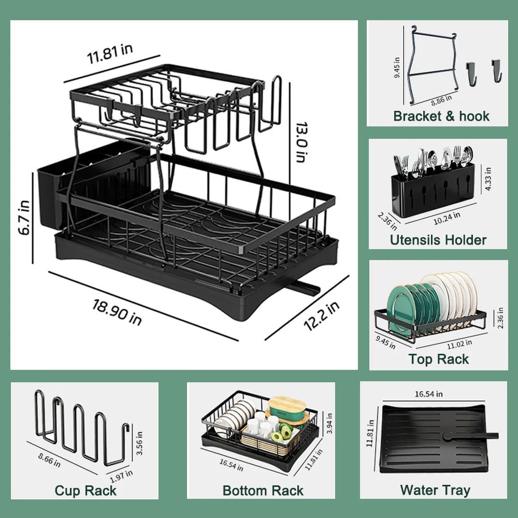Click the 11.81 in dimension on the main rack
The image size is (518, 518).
[x=110, y=52]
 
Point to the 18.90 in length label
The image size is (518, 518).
[x=117, y=311]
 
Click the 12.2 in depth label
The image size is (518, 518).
[x=321, y=316]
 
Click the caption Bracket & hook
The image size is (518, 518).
[x=441, y=116]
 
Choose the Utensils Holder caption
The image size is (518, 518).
[x=438, y=240]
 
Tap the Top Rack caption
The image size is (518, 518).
[x=438, y=359]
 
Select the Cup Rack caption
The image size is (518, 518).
[x=85, y=491]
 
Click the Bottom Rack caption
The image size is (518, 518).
[x=263, y=491]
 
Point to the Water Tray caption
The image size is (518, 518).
[x=435, y=490]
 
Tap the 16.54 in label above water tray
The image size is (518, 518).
[x=428, y=394]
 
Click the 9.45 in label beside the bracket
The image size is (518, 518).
[x=397, y=67]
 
